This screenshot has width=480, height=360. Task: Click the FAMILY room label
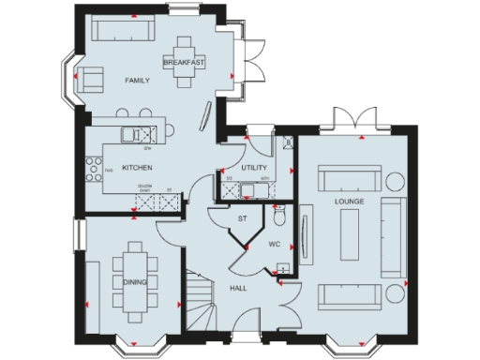click(138, 82)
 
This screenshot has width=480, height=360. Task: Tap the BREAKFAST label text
click(184, 62)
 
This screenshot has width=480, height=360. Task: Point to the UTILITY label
click(254, 167)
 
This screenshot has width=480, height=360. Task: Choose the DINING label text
click(135, 280)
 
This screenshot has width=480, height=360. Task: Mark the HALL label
click(238, 288)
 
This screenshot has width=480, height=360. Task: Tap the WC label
click(275, 244)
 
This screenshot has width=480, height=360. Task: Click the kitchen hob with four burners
click(96, 169)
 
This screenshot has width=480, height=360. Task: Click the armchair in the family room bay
click(90, 80)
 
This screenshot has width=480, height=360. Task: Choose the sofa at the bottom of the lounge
click(352, 295)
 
